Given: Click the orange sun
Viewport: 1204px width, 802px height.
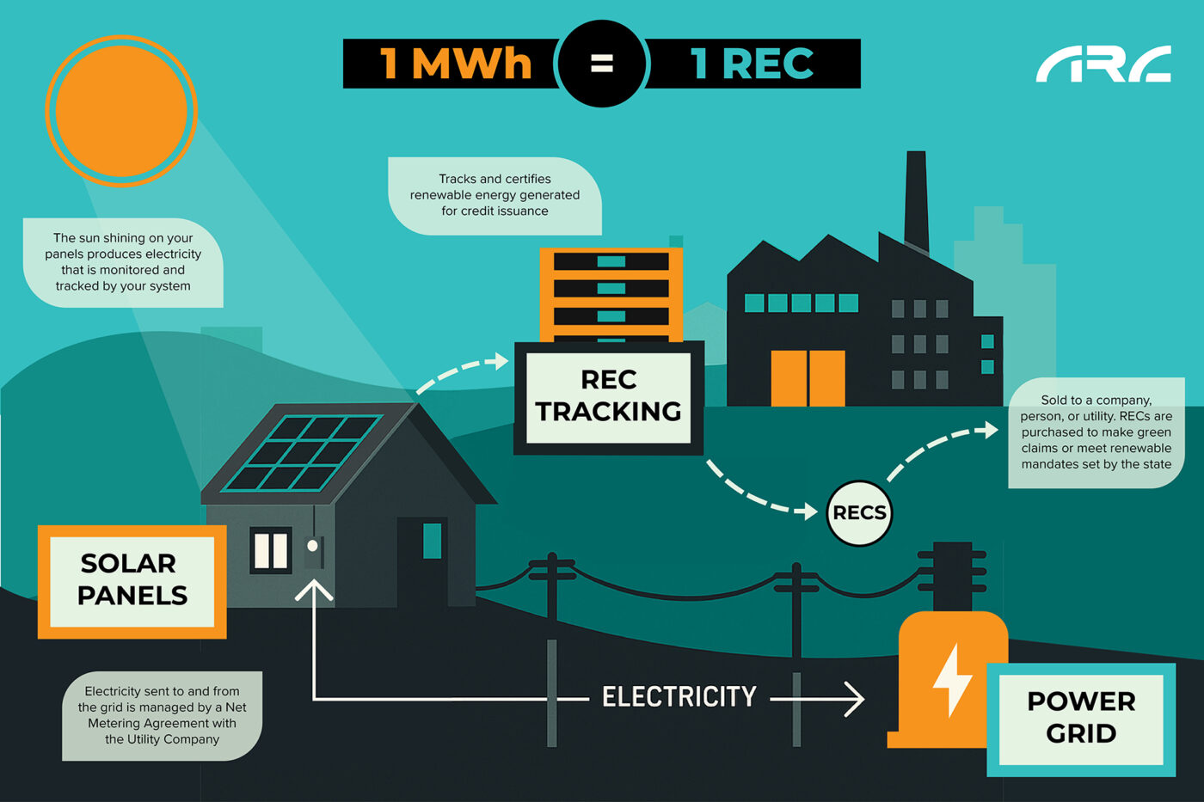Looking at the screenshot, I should (x=121, y=110).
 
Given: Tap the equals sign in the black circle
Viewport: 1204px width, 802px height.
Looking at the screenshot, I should (x=602, y=63).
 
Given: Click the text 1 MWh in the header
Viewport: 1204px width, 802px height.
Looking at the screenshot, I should (x=456, y=64).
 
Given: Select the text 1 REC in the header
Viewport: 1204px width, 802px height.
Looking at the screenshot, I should (x=752, y=64).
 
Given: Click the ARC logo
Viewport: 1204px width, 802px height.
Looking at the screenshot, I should (x=1103, y=64).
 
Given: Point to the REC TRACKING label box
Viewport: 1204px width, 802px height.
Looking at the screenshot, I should (x=609, y=397).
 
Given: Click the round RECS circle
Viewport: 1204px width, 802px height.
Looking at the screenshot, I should (x=859, y=513).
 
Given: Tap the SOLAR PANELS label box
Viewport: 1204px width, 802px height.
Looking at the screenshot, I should (x=132, y=580).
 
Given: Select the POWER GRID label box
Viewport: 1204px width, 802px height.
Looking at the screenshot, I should (x=1081, y=718).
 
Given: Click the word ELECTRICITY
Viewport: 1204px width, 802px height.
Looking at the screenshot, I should (x=679, y=696).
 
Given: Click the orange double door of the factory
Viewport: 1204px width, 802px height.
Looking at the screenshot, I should (x=808, y=377).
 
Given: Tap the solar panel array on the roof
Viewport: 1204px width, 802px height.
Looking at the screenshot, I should (x=301, y=453).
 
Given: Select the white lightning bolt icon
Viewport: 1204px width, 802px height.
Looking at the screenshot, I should (x=952, y=679).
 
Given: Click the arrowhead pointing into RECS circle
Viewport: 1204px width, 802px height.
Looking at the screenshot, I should (x=808, y=511).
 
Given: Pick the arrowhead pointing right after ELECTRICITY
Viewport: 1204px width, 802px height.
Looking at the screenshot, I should (x=853, y=699).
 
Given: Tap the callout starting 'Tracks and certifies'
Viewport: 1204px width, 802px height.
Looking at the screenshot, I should (x=494, y=195).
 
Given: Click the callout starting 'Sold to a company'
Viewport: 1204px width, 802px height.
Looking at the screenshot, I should (x=1096, y=432).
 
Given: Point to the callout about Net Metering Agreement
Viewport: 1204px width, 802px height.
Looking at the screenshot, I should (x=162, y=715).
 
